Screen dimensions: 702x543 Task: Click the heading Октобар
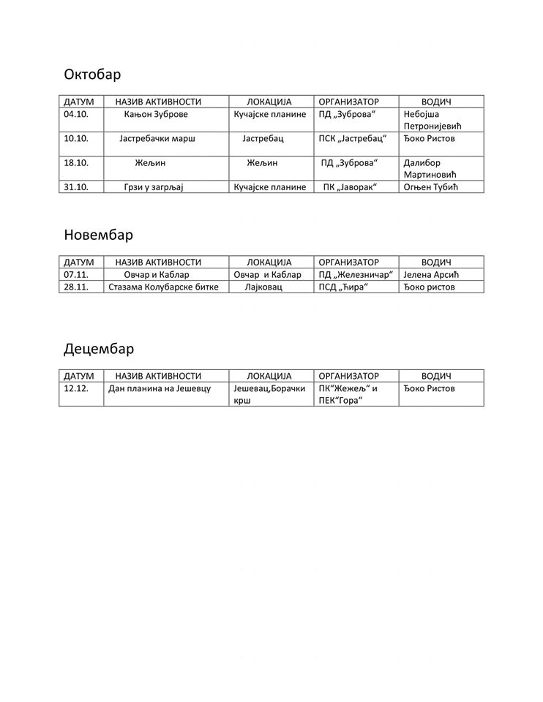[x=92, y=75]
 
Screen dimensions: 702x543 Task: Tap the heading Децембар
[x=98, y=348]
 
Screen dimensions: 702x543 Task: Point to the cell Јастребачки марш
[x=157, y=138]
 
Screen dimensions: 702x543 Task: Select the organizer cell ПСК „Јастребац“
[x=353, y=138]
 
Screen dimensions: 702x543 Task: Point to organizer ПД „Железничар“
[x=356, y=274]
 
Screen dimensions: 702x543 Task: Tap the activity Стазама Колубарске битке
[x=163, y=287]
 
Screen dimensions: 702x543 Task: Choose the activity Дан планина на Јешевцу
[x=160, y=388]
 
